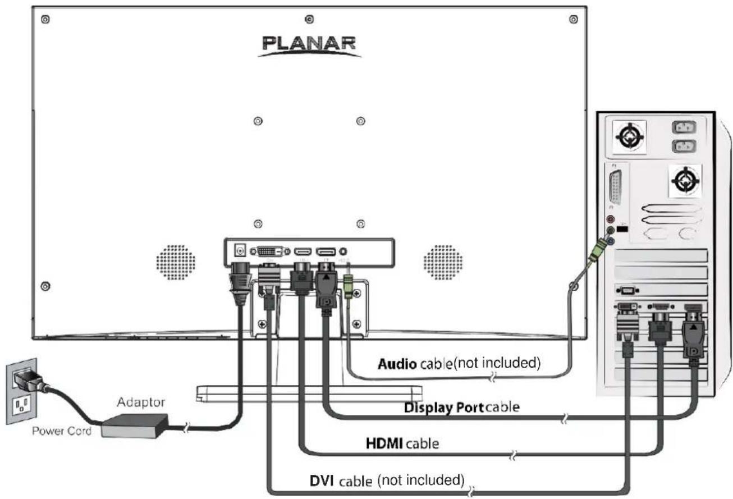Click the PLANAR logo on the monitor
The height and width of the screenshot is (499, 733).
point(308,44)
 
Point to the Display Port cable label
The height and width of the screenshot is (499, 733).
point(460,408)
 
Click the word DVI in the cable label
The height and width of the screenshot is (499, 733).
point(323,480)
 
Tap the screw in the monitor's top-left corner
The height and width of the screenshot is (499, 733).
point(45,19)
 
